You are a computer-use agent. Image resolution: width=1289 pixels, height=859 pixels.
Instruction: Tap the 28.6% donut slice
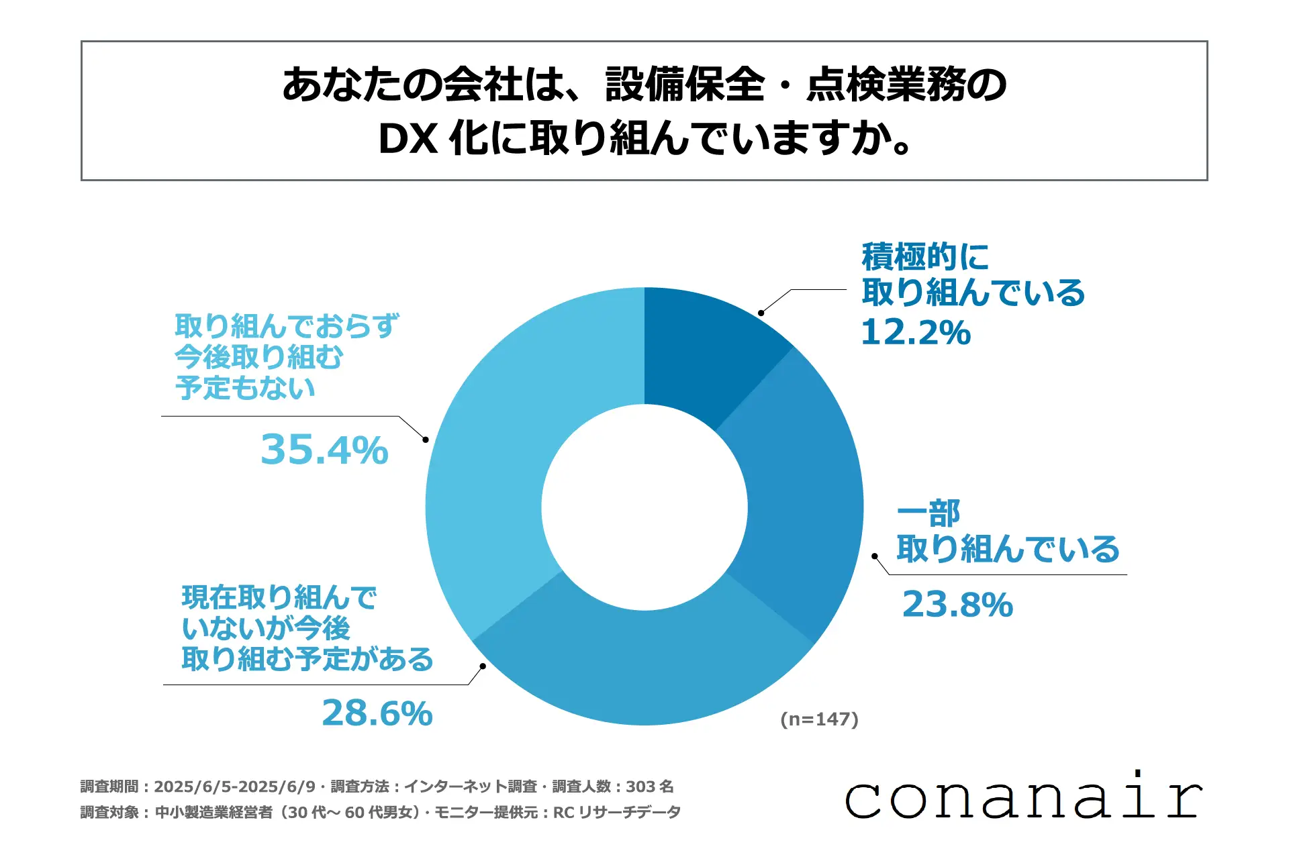tap(644, 664)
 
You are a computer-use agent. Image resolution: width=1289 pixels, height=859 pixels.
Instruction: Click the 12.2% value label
tap(916, 332)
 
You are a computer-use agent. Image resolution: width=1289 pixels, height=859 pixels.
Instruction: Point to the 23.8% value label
tap(957, 605)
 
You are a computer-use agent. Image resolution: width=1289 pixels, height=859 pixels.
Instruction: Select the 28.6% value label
tap(377, 713)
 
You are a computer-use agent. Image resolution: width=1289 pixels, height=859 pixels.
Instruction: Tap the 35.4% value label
tap(324, 450)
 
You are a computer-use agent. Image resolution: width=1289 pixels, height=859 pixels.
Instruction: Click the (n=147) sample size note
tap(819, 719)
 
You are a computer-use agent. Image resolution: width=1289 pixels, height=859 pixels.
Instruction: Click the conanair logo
tap(1023, 797)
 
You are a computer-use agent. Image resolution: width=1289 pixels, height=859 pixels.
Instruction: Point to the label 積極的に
tap(925, 256)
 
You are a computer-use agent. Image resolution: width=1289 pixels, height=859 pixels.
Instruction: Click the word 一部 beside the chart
tap(928, 514)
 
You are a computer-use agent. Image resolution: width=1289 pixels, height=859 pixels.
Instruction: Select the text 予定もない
tap(245, 388)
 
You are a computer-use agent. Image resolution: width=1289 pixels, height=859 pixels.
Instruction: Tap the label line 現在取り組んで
tap(279, 597)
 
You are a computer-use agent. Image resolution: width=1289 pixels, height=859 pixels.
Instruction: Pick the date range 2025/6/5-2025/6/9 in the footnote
tap(234, 787)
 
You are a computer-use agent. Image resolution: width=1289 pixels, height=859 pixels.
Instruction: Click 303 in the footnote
tap(640, 787)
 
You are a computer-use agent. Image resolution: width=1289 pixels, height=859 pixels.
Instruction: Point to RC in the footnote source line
tap(563, 813)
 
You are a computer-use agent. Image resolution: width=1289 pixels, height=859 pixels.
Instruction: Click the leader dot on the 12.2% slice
tap(761, 313)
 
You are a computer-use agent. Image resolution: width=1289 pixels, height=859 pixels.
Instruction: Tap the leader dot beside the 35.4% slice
tap(426, 440)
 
